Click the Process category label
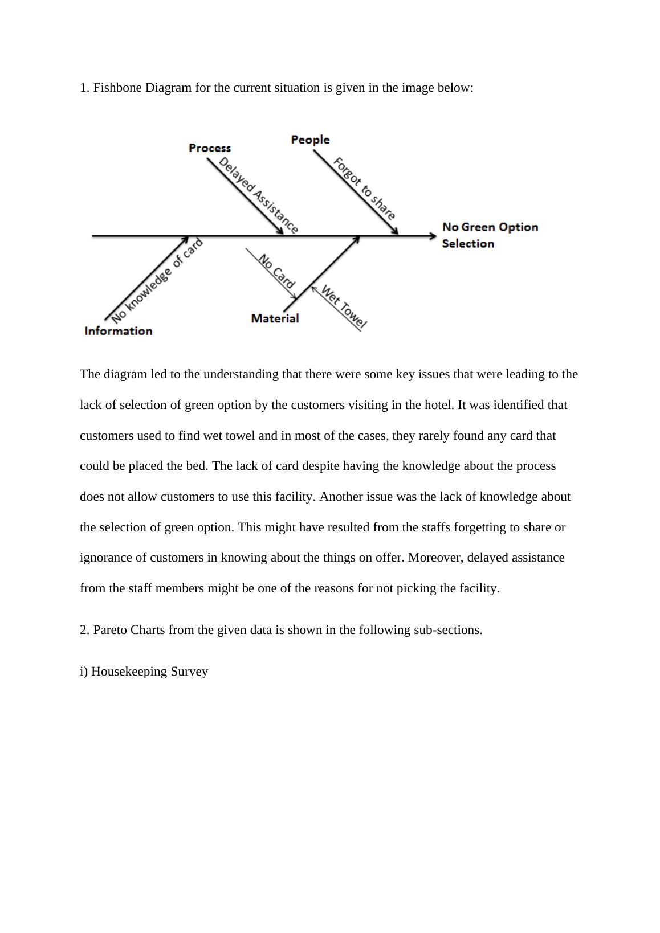[x=210, y=148]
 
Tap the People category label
[x=310, y=140]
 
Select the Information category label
[x=119, y=331]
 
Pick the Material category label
[x=275, y=318]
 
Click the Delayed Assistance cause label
[x=258, y=195]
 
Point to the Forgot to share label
[x=364, y=189]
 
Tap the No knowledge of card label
[x=157, y=280]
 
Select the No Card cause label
[x=277, y=271]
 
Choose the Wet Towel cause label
[x=344, y=308]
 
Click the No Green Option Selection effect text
[x=490, y=235]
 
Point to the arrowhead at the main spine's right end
[x=432, y=235]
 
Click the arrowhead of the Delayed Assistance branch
[x=280, y=230]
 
